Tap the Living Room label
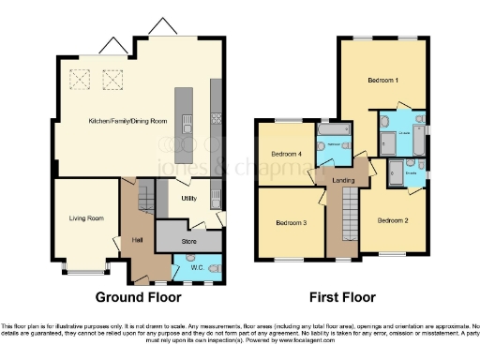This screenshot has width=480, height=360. [x=85, y=219]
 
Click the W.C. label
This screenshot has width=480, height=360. [x=197, y=267]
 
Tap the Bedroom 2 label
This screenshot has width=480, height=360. [x=394, y=221]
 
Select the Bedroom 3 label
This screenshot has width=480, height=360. [x=292, y=223]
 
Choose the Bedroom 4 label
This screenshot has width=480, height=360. [x=286, y=154]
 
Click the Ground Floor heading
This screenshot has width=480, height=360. [x=138, y=298]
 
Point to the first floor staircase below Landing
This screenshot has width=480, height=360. [x=349, y=212]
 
